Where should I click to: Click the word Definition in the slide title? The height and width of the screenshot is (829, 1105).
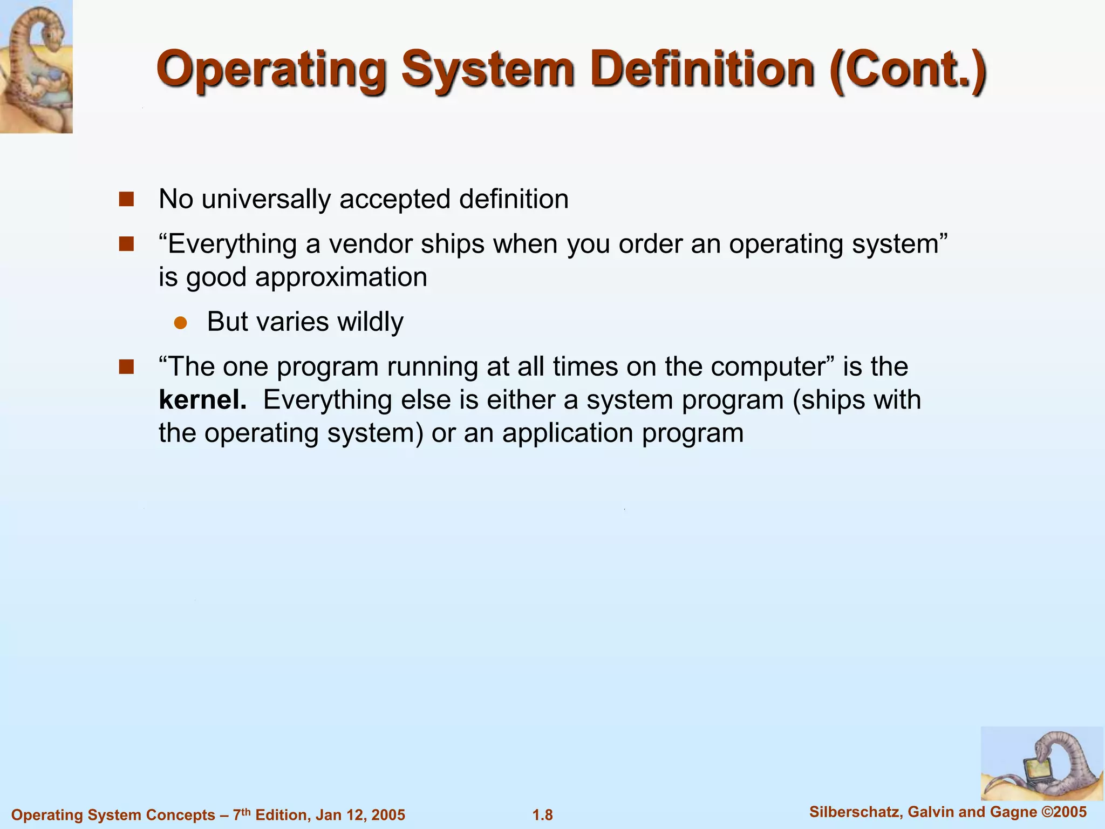pos(701,70)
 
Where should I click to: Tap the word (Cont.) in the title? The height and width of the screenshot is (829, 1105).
pos(909,70)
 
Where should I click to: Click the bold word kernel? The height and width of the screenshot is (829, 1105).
pos(202,400)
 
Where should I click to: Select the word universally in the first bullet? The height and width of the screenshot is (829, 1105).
pos(266,199)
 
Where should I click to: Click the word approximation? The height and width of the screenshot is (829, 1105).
pos(341,277)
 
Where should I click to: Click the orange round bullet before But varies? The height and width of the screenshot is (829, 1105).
pos(180,323)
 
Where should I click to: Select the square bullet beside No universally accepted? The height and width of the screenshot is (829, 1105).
pos(126,200)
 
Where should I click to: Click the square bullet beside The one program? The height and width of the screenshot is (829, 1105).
pos(126,368)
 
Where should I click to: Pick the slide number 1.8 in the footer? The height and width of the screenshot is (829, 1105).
pos(543,815)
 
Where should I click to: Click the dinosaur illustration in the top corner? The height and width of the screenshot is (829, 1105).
pos(36,66)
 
